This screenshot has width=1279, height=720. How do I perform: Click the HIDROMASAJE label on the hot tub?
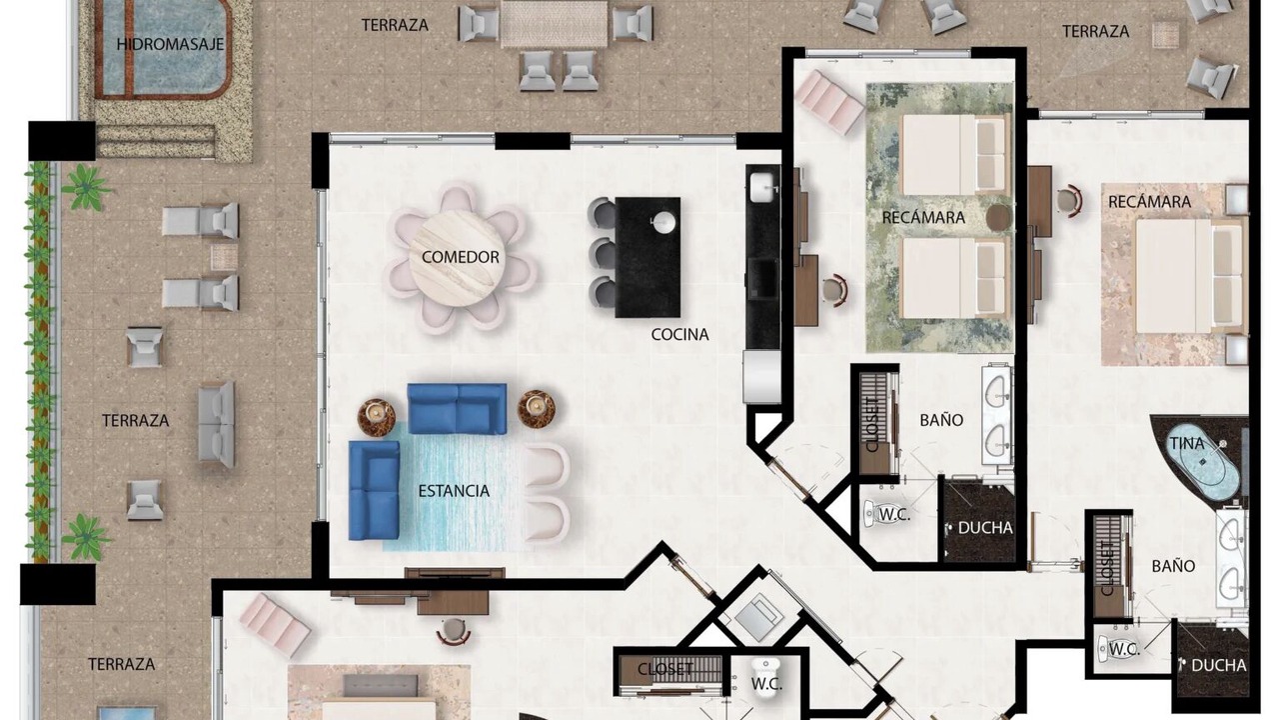point(170,44)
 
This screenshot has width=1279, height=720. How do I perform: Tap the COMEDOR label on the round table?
point(461,257)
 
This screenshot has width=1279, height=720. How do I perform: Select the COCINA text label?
point(680,334)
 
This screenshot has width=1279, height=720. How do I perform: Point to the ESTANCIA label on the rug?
point(454,491)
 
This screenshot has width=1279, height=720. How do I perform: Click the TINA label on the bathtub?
point(1187,443)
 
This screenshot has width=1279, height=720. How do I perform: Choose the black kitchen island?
point(647,257)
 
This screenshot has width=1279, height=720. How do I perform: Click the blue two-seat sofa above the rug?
point(457,409)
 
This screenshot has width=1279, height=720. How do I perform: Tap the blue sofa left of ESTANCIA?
point(375,490)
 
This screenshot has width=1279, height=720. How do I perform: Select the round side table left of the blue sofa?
point(377,417)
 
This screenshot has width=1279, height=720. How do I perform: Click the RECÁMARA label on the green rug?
point(923,218)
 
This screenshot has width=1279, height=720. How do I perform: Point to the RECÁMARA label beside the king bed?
point(1149,202)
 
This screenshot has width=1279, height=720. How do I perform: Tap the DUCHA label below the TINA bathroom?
point(1218,665)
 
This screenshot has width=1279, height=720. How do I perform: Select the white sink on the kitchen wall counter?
point(762,187)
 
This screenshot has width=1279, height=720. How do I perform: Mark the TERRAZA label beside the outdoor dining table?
point(395,25)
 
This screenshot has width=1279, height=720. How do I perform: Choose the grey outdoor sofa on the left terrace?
point(217,424)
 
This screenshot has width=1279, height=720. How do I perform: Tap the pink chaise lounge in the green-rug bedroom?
point(830,103)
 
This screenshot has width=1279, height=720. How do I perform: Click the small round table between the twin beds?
point(998,217)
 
